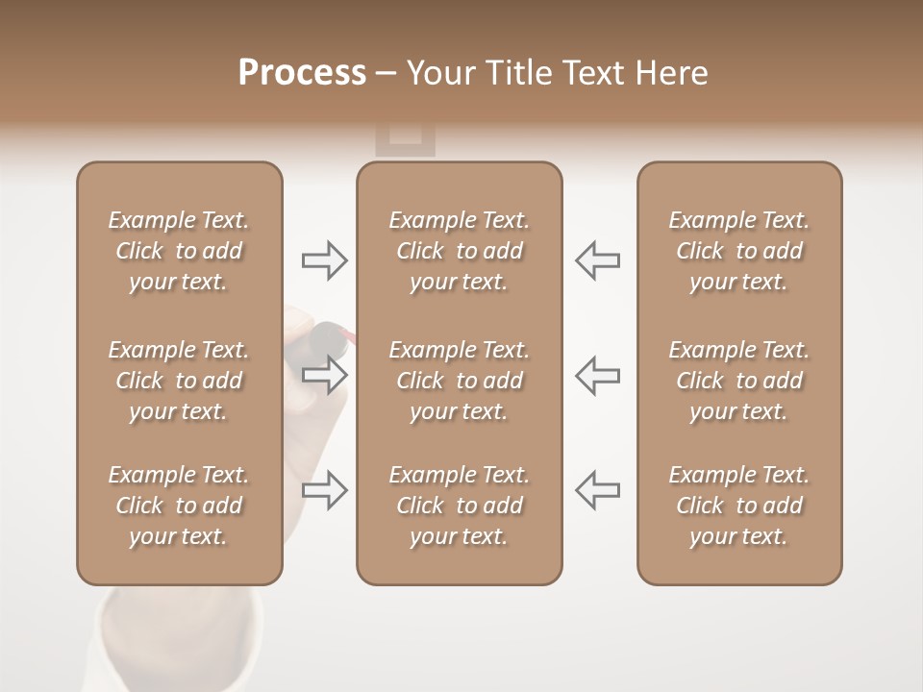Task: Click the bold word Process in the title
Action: pyautogui.click(x=301, y=73)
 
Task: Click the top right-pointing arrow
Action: pyautogui.click(x=325, y=259)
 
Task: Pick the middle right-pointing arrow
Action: pyautogui.click(x=325, y=375)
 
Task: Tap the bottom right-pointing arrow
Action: pyautogui.click(x=325, y=490)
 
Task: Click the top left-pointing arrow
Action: pyautogui.click(x=597, y=259)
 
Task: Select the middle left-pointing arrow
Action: pyautogui.click(x=597, y=375)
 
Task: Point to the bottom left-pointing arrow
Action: pyautogui.click(x=597, y=490)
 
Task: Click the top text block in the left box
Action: pyautogui.click(x=179, y=251)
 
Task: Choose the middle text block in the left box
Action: pyautogui.click(x=179, y=381)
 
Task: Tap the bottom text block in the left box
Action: pyautogui.click(x=179, y=506)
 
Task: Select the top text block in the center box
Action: pyautogui.click(x=460, y=251)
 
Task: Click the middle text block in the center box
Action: pyautogui.click(x=460, y=381)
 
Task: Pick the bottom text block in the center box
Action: pyautogui.click(x=460, y=506)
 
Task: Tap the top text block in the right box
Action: pyautogui.click(x=739, y=251)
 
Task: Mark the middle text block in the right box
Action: pyautogui.click(x=739, y=381)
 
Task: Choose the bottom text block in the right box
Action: pyautogui.click(x=739, y=506)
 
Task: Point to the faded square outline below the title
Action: pyautogui.click(x=405, y=140)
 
